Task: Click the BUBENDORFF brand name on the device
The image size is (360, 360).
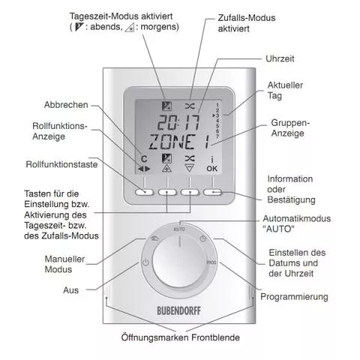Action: [x=178, y=310]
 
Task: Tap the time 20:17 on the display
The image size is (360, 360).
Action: [x=178, y=122]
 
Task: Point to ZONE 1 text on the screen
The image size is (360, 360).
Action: [x=179, y=142]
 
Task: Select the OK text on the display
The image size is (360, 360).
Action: [x=211, y=169]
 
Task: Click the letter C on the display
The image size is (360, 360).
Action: [x=144, y=159]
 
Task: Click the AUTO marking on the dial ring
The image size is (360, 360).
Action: [x=179, y=229]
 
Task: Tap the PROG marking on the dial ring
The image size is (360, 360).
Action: [x=211, y=262]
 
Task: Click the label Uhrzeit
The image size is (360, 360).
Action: [x=280, y=59]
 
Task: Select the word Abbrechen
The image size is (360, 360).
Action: [x=66, y=105]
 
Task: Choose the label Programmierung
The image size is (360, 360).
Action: [x=294, y=297]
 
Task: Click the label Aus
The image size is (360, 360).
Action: [x=70, y=290]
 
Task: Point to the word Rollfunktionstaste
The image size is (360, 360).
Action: [x=61, y=164]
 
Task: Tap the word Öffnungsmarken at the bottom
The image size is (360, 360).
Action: [x=154, y=337]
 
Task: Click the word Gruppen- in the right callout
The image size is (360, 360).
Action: [x=290, y=123]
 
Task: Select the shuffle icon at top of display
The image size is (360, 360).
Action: [x=190, y=106]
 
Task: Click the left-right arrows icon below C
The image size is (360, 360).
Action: [x=144, y=169]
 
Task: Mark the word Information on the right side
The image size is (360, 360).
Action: [x=290, y=179]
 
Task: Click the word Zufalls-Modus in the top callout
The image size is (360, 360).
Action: [x=247, y=18]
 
